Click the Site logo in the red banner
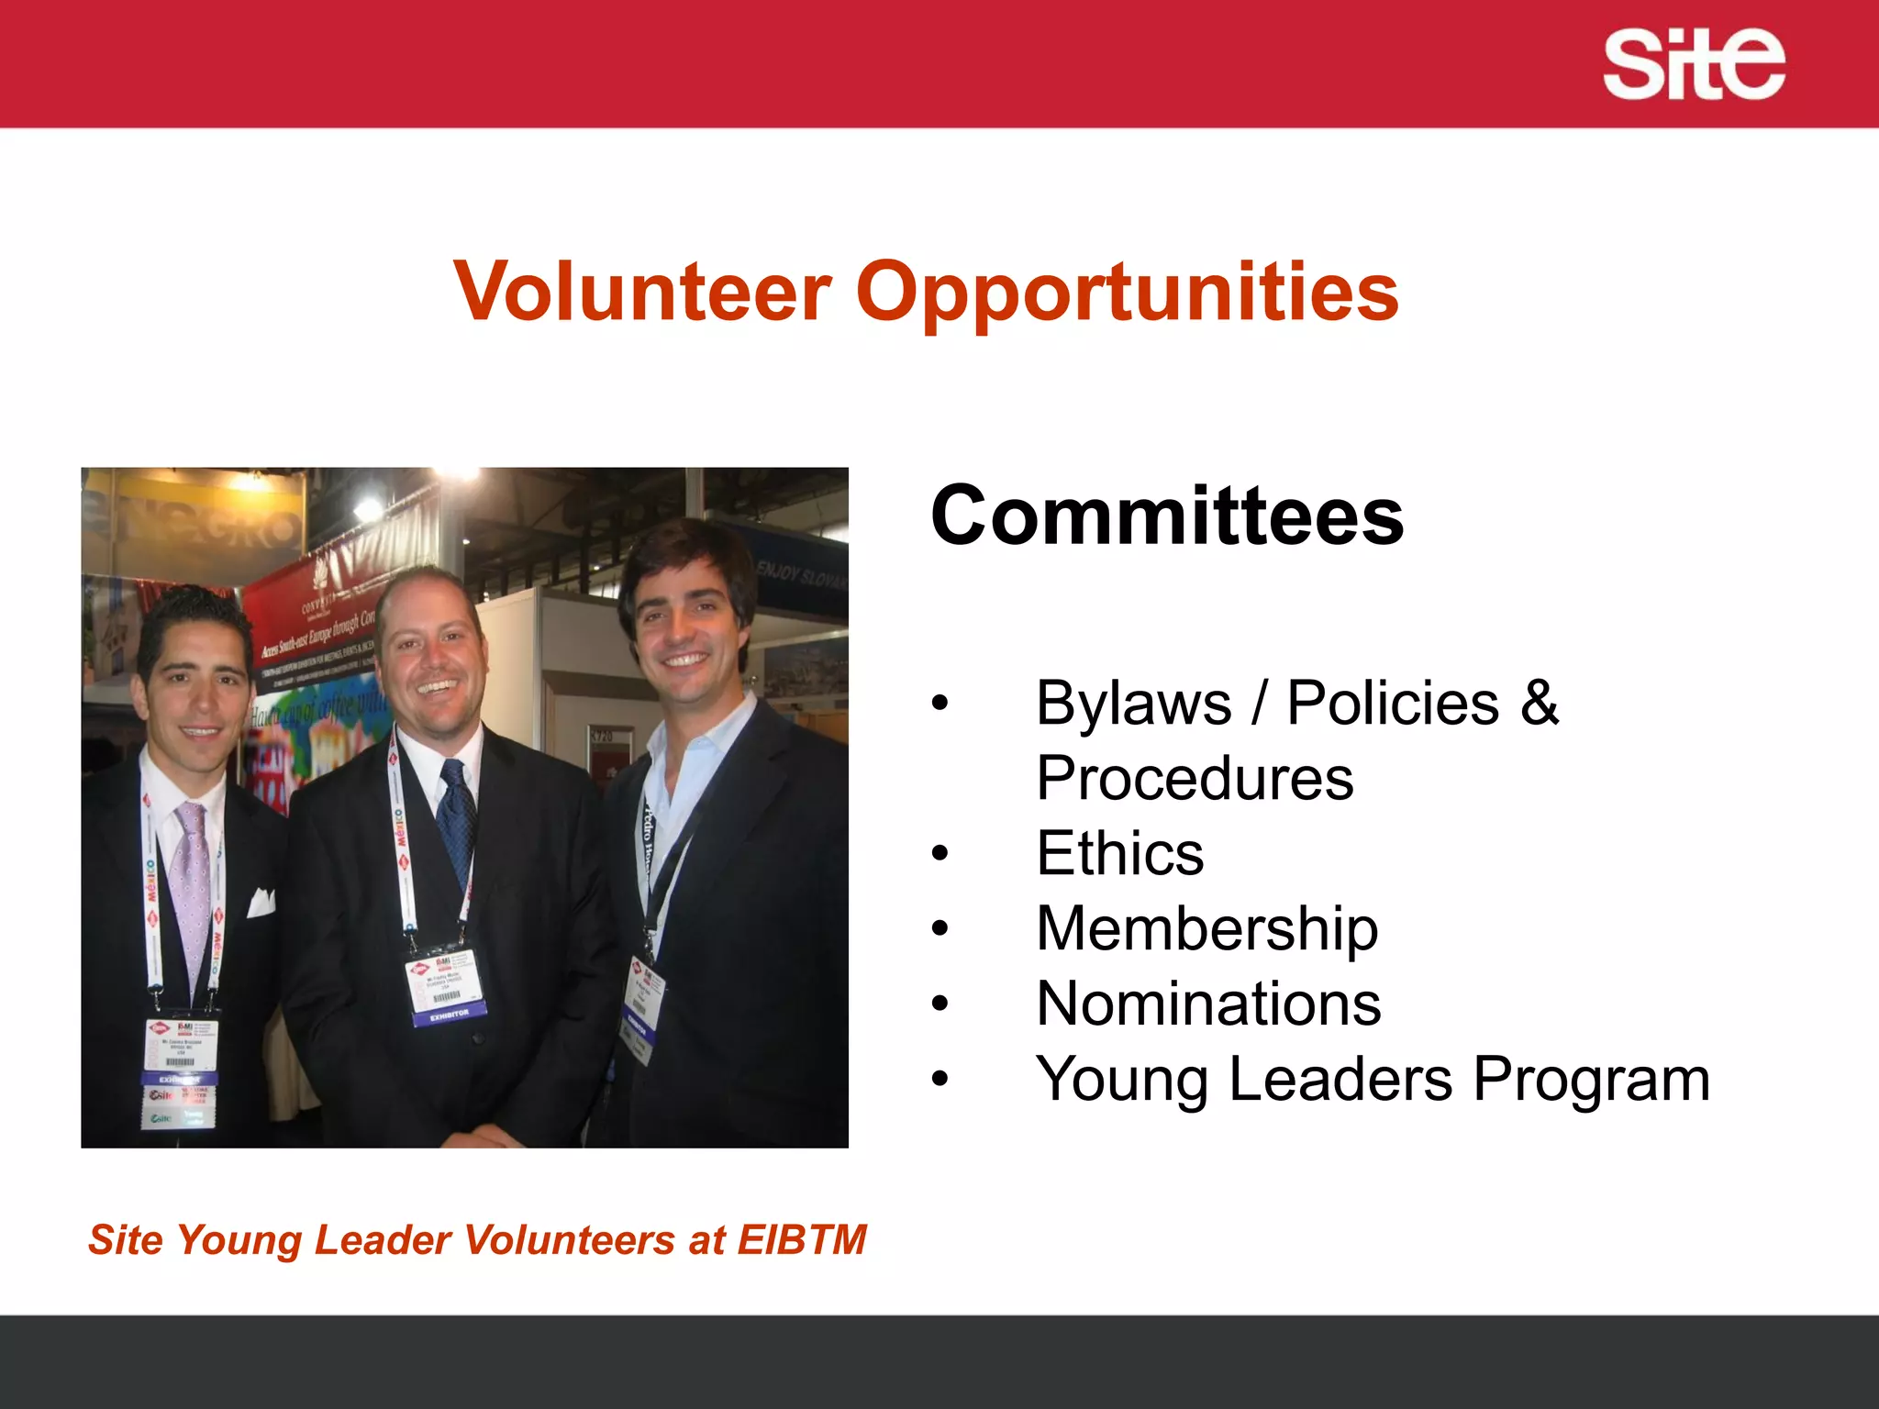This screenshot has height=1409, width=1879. click(1693, 63)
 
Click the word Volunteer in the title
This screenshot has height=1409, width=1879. click(642, 292)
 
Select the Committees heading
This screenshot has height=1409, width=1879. click(1166, 516)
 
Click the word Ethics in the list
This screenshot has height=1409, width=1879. click(1119, 853)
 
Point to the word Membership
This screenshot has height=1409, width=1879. click(1206, 928)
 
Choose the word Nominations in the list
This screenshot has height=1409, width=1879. click(1208, 1004)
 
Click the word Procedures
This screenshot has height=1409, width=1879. click(1195, 778)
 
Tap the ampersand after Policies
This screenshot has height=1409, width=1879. click(1539, 703)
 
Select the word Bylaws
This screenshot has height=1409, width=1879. click(1133, 703)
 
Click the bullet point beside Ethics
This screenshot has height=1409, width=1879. click(939, 854)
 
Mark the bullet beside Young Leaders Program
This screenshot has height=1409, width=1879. click(939, 1080)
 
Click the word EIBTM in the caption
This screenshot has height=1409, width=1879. click(802, 1240)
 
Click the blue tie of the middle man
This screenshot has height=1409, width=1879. click(456, 816)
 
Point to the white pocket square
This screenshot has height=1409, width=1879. click(261, 903)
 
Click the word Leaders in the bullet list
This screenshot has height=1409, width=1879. click(1340, 1080)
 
